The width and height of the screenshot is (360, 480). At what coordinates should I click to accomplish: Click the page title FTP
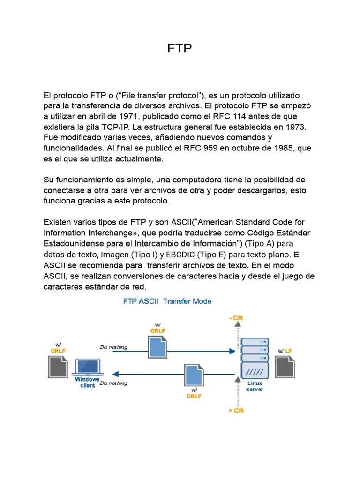click(x=180, y=49)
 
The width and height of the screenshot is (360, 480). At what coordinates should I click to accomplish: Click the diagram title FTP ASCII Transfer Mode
click(x=167, y=301)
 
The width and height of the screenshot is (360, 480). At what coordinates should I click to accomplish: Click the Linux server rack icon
click(x=254, y=358)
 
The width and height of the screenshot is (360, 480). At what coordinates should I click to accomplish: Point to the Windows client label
click(x=88, y=382)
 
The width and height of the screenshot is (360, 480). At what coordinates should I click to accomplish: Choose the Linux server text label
click(x=255, y=386)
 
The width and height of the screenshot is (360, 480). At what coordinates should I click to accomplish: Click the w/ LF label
click(x=285, y=351)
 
